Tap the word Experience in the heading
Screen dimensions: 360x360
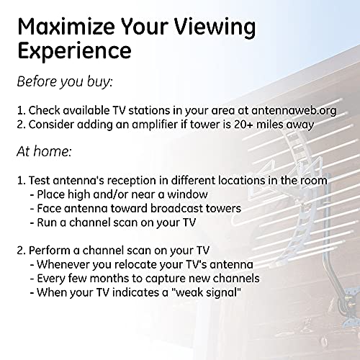tap(74, 52)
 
